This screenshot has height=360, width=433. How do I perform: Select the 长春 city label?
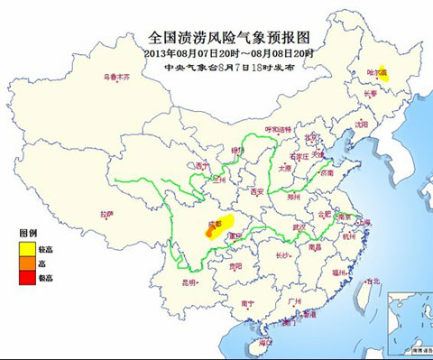pos(370,92)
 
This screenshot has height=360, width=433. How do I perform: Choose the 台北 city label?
pos(369,281)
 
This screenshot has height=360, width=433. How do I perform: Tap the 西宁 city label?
pos(201,166)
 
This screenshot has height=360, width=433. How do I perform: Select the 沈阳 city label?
pos(364,124)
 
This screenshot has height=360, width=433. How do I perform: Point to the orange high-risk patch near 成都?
pos(211,231)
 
